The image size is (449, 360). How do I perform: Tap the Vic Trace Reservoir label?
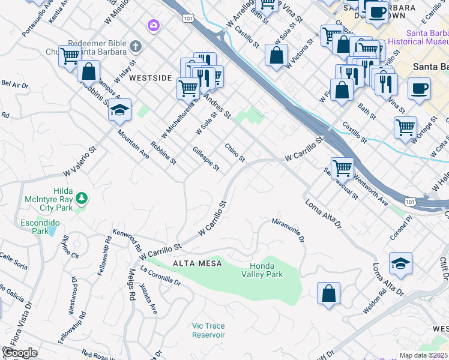pyautogui.click(x=208, y=331)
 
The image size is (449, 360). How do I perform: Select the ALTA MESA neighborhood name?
pyautogui.click(x=197, y=263)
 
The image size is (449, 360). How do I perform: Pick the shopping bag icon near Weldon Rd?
pyautogui.click(x=329, y=294)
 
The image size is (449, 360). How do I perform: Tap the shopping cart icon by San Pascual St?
pyautogui.click(x=342, y=167)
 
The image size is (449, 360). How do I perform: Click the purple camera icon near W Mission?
pyautogui.click(x=154, y=25)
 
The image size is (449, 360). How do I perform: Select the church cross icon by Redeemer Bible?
pyautogui.click(x=136, y=46)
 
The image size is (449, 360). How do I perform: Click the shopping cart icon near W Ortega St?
pyautogui.click(x=406, y=127)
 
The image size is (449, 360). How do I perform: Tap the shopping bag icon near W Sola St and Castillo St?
pyautogui.click(x=276, y=56)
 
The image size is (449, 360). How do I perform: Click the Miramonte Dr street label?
pyautogui.click(x=288, y=230)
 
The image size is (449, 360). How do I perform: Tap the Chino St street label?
pyautogui.click(x=235, y=152)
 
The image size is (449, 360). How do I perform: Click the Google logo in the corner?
pyautogui.click(x=19, y=353)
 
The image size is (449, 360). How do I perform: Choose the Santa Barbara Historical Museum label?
pyautogui.click(x=418, y=37)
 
